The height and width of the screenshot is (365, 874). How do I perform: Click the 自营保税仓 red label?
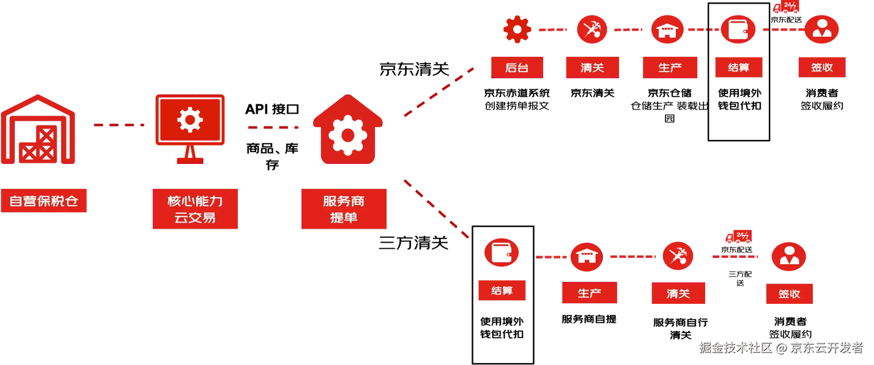43,201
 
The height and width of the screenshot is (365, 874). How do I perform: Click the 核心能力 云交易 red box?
195,209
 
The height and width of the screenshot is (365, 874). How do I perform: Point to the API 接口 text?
272,109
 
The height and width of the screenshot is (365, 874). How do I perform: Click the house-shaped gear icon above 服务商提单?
347,130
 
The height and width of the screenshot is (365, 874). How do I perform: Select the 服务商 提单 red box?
344,209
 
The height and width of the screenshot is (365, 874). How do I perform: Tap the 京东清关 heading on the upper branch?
414,69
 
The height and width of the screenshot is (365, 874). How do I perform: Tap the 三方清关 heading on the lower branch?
413,243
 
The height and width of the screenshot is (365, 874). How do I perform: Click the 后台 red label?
517,67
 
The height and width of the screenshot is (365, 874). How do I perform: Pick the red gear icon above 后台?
517,29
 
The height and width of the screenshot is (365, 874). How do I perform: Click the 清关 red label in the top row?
592,67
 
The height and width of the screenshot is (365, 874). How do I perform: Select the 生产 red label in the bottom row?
590,292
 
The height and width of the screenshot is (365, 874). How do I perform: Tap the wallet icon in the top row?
738,29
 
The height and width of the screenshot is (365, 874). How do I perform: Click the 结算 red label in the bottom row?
502,290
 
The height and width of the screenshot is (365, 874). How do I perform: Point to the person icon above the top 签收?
822,29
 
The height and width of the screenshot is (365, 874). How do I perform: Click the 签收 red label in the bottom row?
790,293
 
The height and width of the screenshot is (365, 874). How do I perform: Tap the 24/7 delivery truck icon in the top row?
786,7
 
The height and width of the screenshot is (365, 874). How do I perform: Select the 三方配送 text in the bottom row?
740,278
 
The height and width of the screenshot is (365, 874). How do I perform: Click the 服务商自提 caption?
589,319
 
